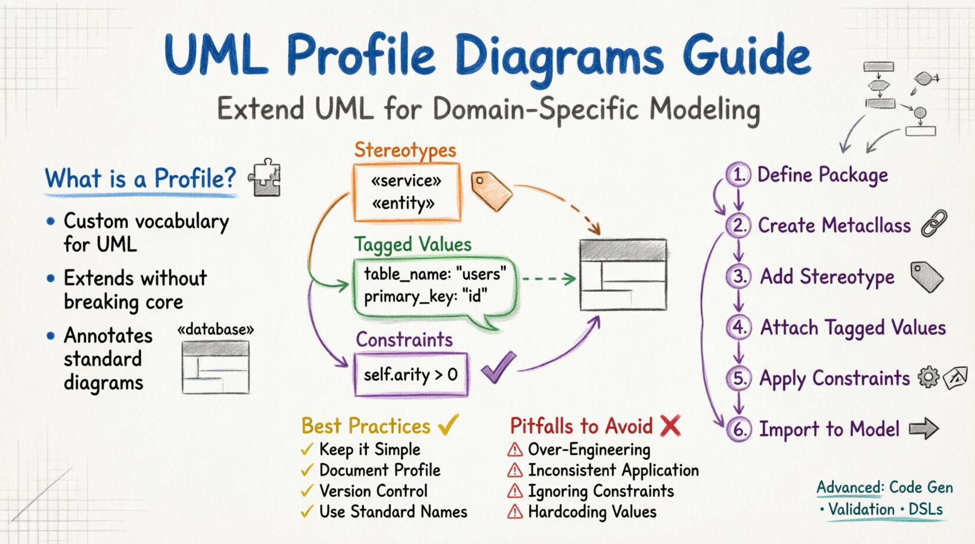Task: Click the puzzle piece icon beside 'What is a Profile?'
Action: pyautogui.click(x=265, y=178)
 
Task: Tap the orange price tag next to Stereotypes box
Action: pyautogui.click(x=491, y=191)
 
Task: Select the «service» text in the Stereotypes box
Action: pyautogui.click(x=406, y=181)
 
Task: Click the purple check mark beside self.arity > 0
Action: pyautogui.click(x=498, y=368)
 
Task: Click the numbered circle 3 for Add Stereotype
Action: pyautogui.click(x=739, y=276)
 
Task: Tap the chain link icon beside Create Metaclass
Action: pyautogui.click(x=934, y=224)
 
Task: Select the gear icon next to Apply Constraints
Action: pyautogui.click(x=928, y=378)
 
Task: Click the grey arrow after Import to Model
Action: pyautogui.click(x=924, y=429)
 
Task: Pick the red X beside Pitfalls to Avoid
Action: pyautogui.click(x=670, y=426)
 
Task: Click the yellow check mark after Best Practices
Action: pyautogui.click(x=448, y=424)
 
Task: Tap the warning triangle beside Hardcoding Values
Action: pyautogui.click(x=515, y=512)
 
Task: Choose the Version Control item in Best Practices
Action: pyautogui.click(x=373, y=491)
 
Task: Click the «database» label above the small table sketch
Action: pyautogui.click(x=216, y=330)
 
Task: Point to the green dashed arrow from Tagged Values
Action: pyautogui.click(x=548, y=279)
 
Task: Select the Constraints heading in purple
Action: pyautogui.click(x=404, y=340)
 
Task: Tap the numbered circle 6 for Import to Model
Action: pyautogui.click(x=739, y=429)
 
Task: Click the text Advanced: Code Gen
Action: pyautogui.click(x=884, y=488)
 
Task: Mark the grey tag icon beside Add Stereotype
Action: pyautogui.click(x=926, y=277)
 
